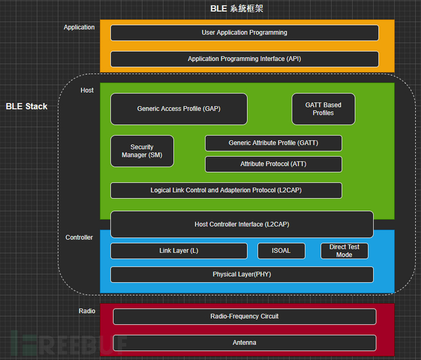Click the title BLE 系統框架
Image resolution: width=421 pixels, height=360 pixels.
tap(237, 9)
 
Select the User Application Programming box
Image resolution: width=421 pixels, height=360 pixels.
tap(244, 32)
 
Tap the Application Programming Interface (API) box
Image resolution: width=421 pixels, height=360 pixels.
tap(244, 59)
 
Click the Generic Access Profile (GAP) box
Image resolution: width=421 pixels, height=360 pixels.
tap(179, 109)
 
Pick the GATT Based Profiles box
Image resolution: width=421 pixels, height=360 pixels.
tap(323, 109)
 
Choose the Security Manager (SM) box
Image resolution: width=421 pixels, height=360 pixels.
tap(142, 151)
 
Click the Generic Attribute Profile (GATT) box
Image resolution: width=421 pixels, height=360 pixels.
tap(273, 143)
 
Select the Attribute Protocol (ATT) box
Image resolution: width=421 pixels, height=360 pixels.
tap(273, 164)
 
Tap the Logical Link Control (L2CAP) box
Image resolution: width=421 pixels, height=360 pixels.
tap(226, 190)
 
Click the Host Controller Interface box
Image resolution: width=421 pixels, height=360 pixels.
tap(242, 224)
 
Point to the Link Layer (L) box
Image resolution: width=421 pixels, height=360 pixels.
tap(179, 251)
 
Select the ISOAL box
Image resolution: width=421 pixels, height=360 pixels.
tap(281, 251)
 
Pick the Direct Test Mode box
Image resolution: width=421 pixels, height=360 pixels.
tap(344, 251)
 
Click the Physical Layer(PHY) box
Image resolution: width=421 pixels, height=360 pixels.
tap(242, 275)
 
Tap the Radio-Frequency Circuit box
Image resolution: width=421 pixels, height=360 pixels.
tap(244, 316)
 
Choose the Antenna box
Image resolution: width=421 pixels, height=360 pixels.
tap(244, 342)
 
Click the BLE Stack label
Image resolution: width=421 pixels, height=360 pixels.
tap(27, 106)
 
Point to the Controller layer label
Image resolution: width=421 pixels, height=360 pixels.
tap(79, 237)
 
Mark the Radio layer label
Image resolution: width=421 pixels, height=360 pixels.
tap(87, 311)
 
